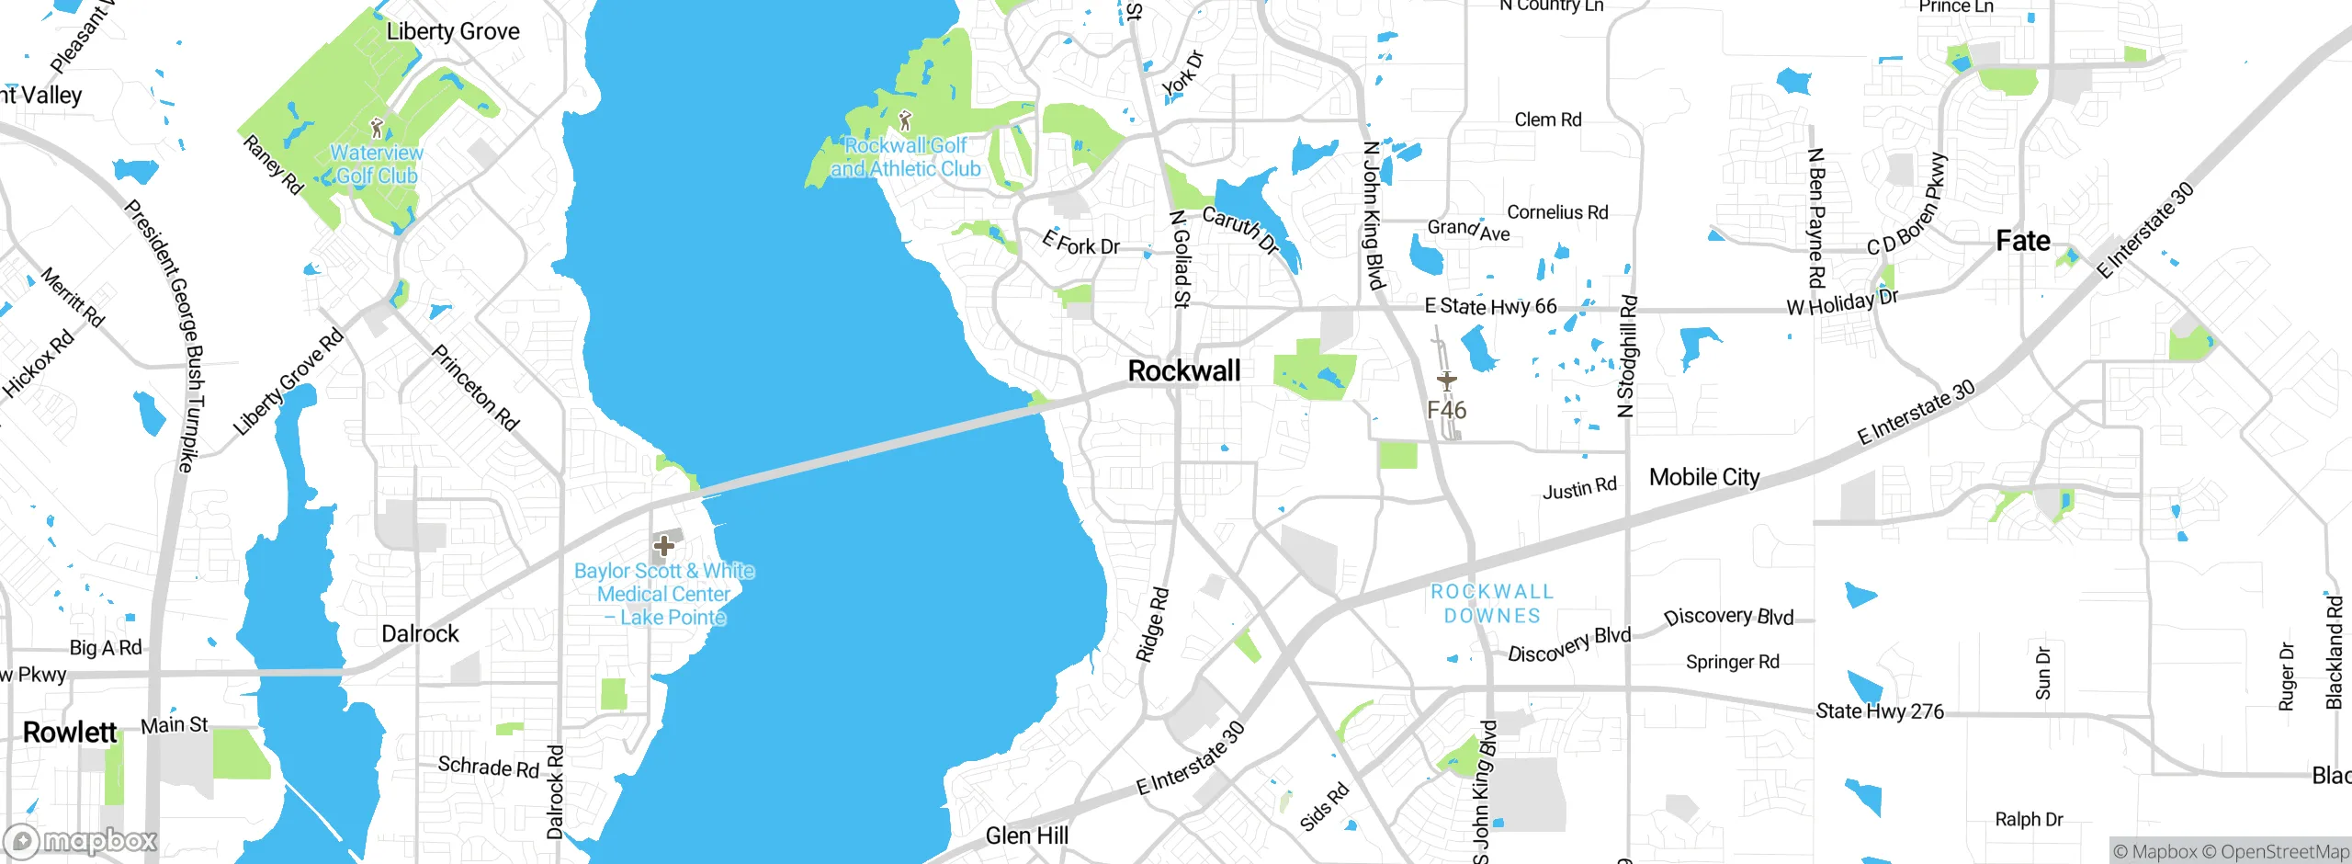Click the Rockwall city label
(x=1183, y=370)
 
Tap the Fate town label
(x=2022, y=241)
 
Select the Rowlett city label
(x=70, y=733)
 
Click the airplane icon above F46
(x=1446, y=381)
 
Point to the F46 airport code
(x=1446, y=410)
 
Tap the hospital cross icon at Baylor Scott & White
(x=663, y=546)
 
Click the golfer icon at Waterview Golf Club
(x=376, y=128)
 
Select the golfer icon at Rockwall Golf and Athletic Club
(x=905, y=120)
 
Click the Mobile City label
(x=1703, y=477)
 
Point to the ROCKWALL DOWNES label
(x=1492, y=604)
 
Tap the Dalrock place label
(x=420, y=633)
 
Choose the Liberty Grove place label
(x=452, y=31)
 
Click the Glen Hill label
(x=1026, y=836)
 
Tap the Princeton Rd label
(x=475, y=388)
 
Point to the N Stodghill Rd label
(x=1626, y=356)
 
